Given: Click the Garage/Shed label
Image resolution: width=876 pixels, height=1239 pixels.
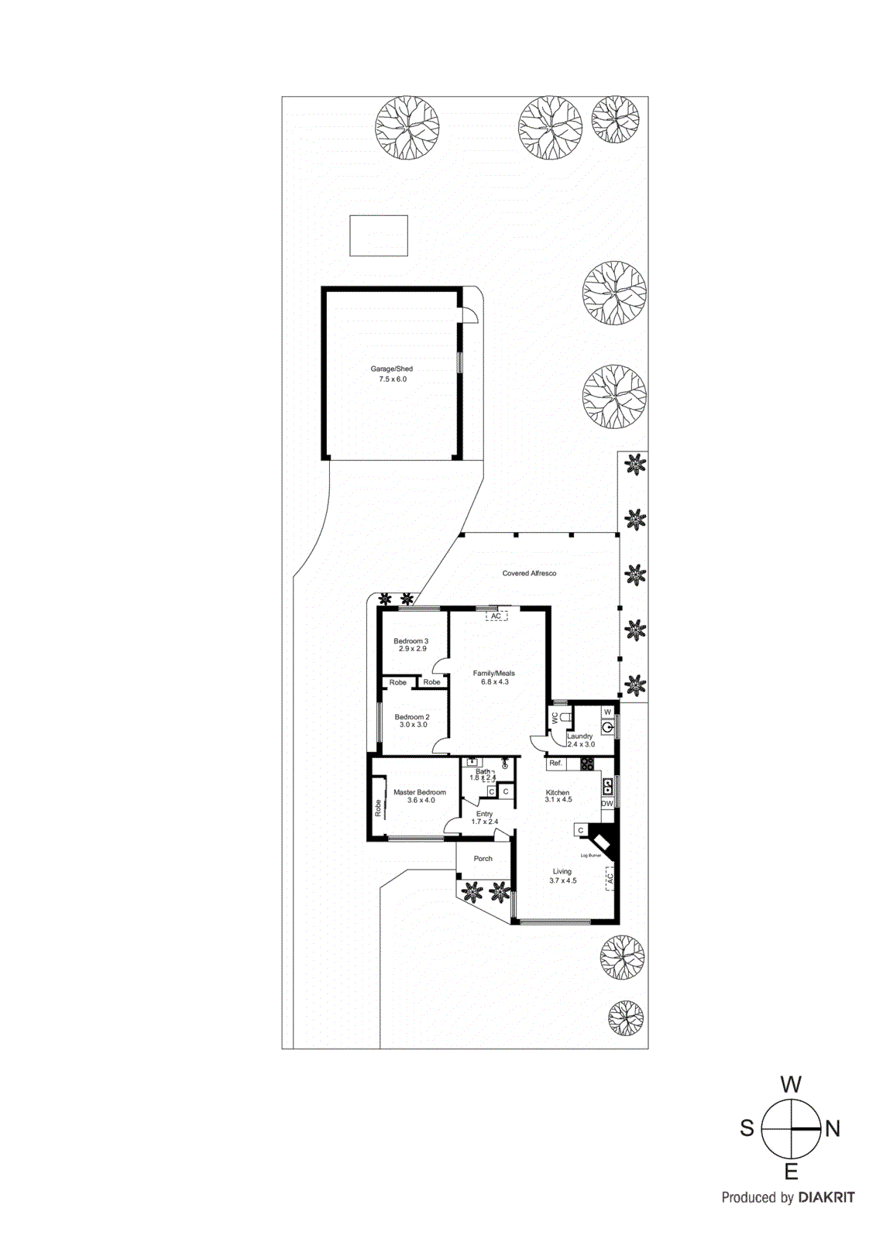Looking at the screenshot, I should [391, 369].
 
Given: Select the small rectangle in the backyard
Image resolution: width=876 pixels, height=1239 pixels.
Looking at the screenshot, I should [378, 235].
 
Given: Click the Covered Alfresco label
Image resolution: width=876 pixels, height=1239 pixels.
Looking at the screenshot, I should [529, 573].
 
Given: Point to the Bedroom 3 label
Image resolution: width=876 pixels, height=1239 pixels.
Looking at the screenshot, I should [411, 641].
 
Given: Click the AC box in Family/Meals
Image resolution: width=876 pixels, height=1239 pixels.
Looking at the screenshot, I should [496, 616].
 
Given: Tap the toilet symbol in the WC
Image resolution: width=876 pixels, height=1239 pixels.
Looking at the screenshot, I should [565, 717].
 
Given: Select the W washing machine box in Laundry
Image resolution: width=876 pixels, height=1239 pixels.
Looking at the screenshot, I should [607, 712].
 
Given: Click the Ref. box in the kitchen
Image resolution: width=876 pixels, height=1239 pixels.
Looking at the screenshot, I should [555, 764].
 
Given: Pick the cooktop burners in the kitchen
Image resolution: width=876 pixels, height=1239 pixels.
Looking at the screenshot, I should [587, 764].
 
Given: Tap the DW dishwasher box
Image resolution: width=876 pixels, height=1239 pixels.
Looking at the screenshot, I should [606, 804].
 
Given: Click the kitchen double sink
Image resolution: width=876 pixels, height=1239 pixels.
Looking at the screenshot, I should [608, 787].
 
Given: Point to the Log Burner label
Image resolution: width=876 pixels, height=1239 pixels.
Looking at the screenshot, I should [590, 856].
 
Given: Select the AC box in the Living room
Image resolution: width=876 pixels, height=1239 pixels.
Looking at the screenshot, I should [610, 878].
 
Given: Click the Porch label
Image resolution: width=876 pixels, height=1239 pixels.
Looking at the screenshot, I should [483, 859].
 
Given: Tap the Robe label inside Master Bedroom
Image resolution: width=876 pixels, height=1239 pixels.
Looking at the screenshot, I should [378, 808].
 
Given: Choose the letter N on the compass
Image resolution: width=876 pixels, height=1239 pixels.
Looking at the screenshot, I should [832, 1129].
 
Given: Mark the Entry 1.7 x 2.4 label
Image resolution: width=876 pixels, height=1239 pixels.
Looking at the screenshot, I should [485, 818].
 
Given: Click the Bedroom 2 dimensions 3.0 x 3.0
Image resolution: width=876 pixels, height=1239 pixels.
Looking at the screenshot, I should [413, 725].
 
